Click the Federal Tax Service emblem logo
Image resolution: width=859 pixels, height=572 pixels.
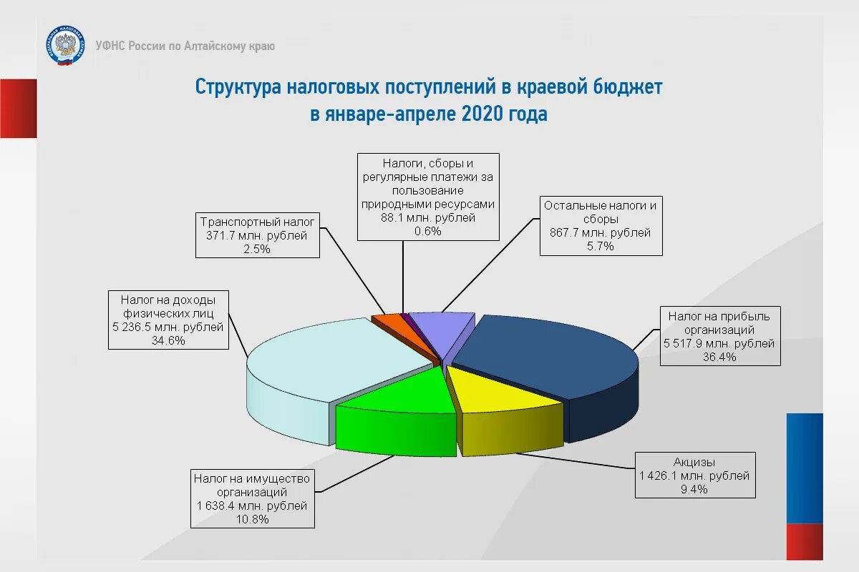tap(64, 46)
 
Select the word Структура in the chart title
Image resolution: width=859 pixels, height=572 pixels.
tap(238, 87)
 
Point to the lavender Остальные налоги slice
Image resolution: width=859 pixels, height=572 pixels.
tap(444, 329)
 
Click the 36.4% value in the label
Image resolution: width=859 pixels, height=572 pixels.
tap(719, 357)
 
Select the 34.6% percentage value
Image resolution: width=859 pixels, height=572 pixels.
tap(168, 340)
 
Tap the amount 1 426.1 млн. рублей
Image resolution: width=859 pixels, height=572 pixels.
tap(694, 475)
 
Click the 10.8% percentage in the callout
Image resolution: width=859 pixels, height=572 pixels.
tap(252, 520)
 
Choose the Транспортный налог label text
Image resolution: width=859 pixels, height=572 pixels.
tap(257, 222)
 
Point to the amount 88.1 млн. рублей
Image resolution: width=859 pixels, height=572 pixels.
tap(428, 218)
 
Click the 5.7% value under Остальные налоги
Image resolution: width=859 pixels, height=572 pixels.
tap(601, 247)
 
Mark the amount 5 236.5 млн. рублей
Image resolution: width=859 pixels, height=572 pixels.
tap(168, 327)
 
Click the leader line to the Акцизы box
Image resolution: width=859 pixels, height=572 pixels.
tap(573, 460)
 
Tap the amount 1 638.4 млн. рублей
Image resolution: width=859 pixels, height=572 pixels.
tap(252, 506)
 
